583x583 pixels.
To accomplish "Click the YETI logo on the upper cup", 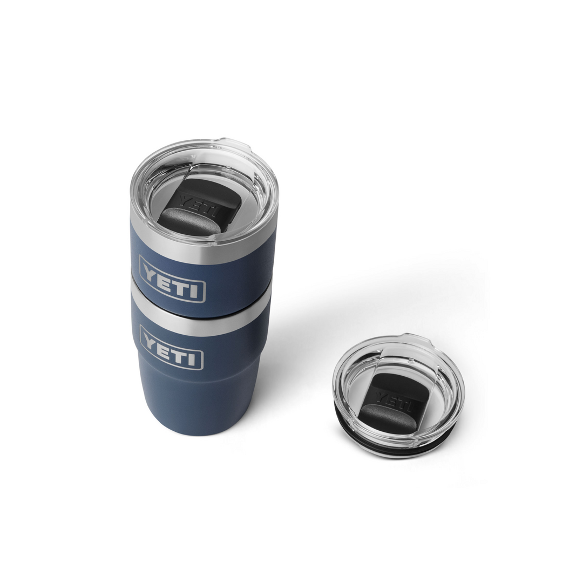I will pos(172,280).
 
